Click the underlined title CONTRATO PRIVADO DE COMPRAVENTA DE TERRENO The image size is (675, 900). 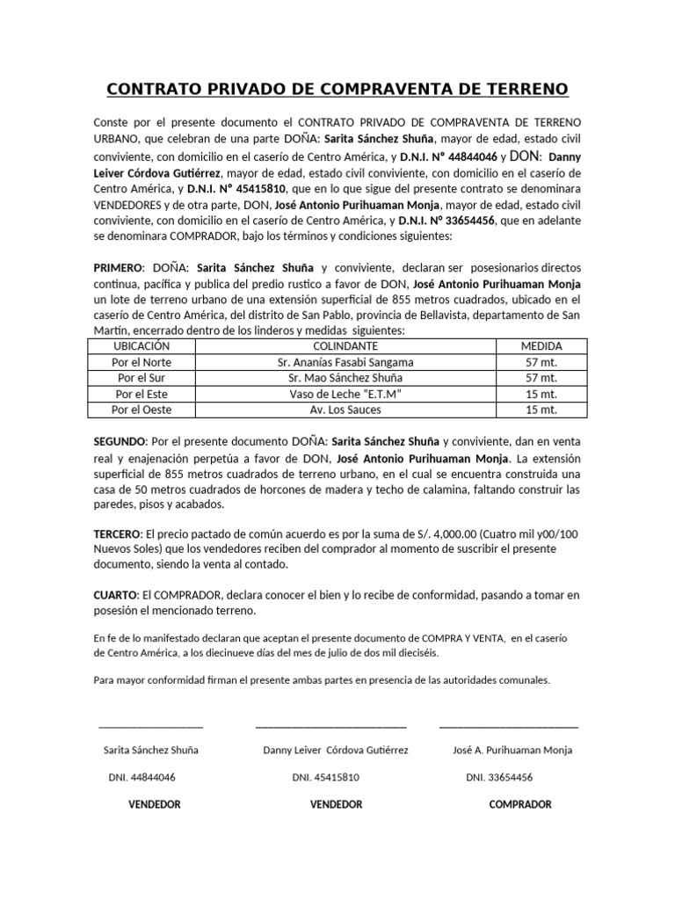(337, 90)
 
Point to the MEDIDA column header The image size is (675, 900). (541, 346)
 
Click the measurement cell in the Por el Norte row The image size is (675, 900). (541, 362)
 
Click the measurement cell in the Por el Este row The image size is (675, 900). (541, 394)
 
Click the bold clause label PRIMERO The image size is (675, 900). (117, 267)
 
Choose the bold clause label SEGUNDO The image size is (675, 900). (120, 441)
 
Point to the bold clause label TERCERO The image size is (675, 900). (117, 534)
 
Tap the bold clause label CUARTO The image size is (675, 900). (114, 596)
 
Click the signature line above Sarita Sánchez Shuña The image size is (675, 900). (150, 727)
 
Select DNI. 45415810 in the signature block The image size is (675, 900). (325, 778)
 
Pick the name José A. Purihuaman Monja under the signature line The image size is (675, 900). (512, 751)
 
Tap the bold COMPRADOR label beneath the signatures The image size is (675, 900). (520, 804)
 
